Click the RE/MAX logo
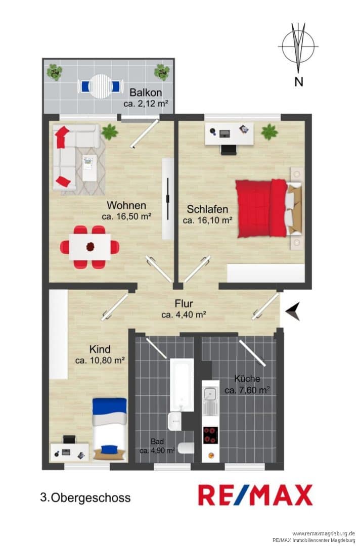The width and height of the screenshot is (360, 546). [x=255, y=495]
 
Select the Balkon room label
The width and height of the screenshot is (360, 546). [x=146, y=93]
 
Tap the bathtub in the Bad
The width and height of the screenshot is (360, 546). [x=182, y=385]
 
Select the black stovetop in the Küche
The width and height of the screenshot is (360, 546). [x=211, y=435]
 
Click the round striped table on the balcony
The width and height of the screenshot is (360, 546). [x=100, y=86]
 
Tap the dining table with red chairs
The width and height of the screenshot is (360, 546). [x=90, y=247]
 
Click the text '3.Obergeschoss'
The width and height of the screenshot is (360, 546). [x=85, y=497]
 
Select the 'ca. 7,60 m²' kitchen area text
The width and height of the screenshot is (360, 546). [x=247, y=390]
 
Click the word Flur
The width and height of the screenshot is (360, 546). [x=184, y=303]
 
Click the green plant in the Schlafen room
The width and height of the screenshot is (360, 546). [x=269, y=132]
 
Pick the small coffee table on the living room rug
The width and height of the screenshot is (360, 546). [x=89, y=168]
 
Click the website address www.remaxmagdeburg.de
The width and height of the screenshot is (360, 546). [x=324, y=533]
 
